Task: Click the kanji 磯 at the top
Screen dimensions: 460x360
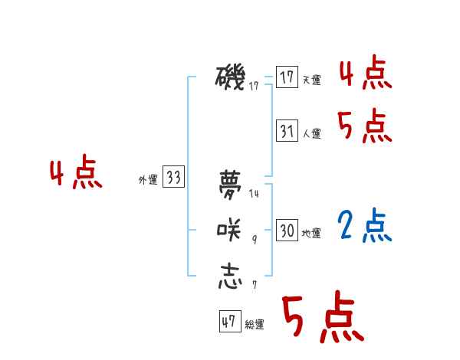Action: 231,77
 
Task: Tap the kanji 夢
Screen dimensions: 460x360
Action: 231,185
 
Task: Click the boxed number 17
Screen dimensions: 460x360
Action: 287,77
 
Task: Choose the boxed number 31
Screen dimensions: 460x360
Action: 287,131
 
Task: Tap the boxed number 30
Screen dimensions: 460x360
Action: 287,231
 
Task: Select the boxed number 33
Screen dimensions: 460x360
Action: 173,178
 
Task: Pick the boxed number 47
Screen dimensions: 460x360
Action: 229,322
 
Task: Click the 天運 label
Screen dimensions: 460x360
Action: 311,80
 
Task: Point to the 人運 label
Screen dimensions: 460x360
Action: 311,133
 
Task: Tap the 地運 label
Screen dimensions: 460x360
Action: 311,233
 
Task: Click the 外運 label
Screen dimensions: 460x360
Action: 148,180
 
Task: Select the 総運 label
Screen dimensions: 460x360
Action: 255,325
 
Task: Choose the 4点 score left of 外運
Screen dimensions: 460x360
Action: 76,174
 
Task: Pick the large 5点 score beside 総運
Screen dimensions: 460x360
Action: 323,317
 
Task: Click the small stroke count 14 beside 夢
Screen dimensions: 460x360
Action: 254,195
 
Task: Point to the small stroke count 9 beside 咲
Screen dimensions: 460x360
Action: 254,241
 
